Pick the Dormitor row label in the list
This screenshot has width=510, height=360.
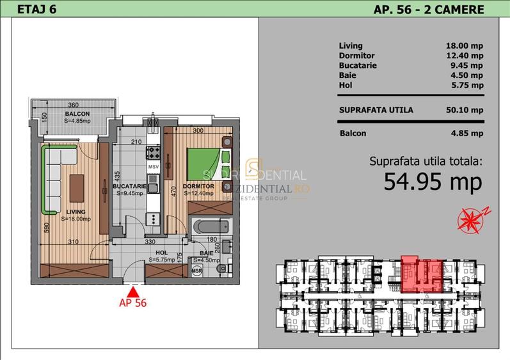356,56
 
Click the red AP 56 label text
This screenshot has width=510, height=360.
133,303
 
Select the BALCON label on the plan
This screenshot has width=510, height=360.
77,113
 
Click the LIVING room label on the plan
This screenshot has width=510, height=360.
76,211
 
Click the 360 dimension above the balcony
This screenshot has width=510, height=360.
74,105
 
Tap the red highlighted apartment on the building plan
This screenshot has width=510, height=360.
421,271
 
